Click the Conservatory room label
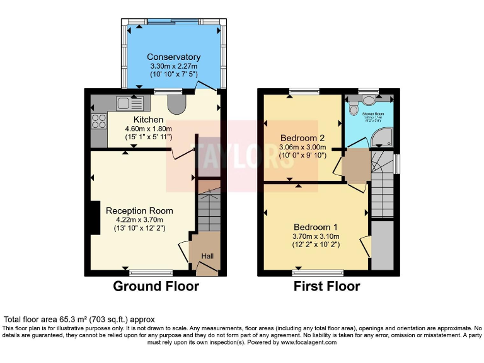click(173, 57)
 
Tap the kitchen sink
click(130, 103)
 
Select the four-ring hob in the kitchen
click(99, 121)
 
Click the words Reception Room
click(139, 210)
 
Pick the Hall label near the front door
click(207, 255)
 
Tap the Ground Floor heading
click(156, 287)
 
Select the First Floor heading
click(327, 287)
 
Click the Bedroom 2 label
click(302, 138)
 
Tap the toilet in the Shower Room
click(369, 101)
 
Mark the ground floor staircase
click(208, 211)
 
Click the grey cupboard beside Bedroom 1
click(382, 246)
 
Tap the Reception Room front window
click(151, 273)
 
